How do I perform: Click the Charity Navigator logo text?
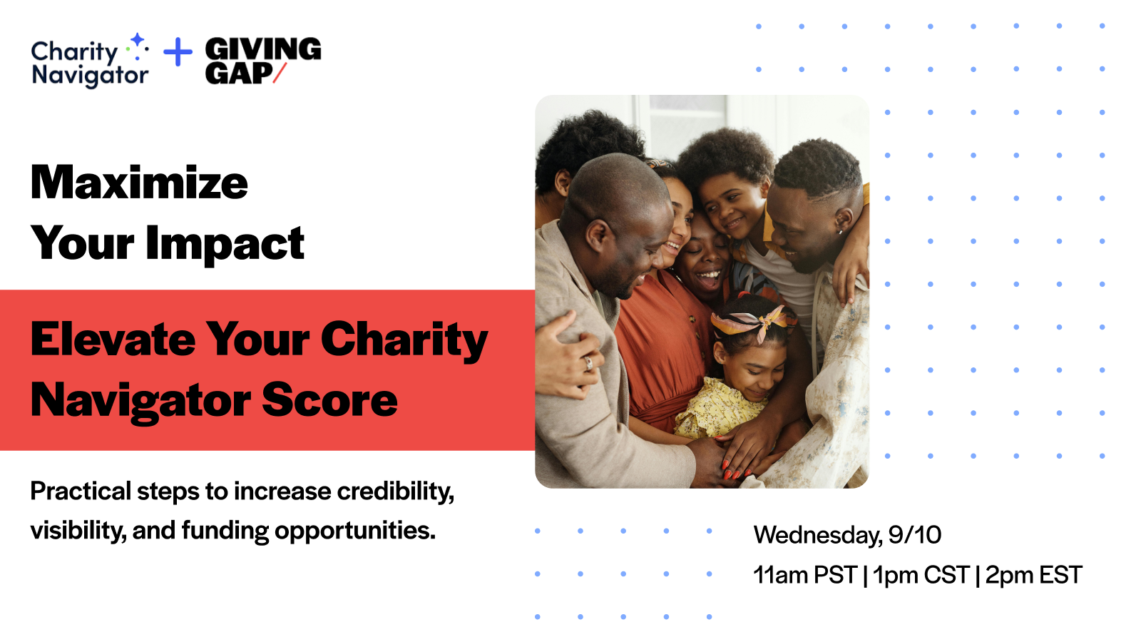[x=90, y=63]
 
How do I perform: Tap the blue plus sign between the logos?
[x=178, y=52]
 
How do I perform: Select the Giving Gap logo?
[x=263, y=60]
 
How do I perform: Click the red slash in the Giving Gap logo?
[x=280, y=73]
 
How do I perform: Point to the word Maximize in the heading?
[x=139, y=183]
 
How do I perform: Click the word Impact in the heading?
[x=225, y=244]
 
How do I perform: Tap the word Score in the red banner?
[x=329, y=400]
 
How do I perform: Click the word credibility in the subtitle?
[x=395, y=491]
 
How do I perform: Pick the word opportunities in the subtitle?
[x=355, y=531]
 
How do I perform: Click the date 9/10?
[x=915, y=535]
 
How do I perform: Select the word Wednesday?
[x=818, y=536]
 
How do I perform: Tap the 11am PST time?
[x=805, y=575]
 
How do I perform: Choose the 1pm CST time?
[x=921, y=575]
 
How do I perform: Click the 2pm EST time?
[x=1033, y=575]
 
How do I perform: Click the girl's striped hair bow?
[x=754, y=320]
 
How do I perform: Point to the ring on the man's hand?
[x=588, y=363]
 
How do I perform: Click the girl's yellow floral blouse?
[x=718, y=407]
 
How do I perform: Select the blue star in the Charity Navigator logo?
[x=137, y=40]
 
